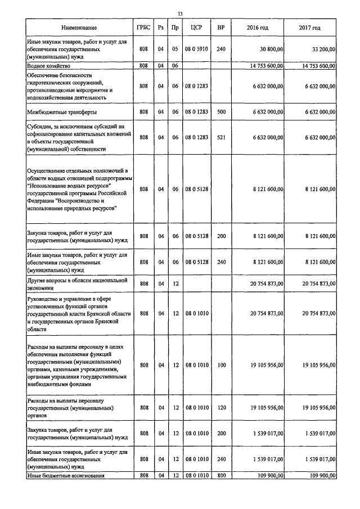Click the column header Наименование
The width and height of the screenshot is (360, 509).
79,28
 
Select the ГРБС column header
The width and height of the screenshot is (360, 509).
143,28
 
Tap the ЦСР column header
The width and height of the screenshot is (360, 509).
196,28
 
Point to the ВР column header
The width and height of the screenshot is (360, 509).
221,28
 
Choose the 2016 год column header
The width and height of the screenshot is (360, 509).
258,28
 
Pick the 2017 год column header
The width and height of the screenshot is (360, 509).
310,28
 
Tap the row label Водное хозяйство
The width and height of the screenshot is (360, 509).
48,66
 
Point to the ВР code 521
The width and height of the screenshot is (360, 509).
221,137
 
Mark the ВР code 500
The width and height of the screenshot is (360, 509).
221,112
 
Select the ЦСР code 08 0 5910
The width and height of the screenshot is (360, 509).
196,49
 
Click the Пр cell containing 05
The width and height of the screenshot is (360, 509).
175,49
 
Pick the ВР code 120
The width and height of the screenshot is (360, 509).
221,408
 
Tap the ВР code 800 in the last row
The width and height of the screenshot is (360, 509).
221,476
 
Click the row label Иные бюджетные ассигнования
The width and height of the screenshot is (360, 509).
65,476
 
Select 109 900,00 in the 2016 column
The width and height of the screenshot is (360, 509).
269,476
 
